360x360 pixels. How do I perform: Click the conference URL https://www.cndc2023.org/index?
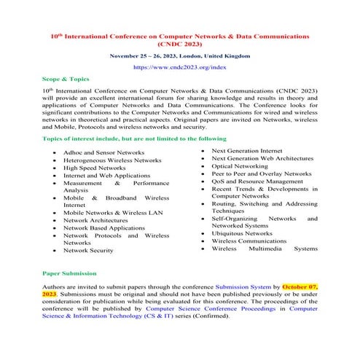point(179,66)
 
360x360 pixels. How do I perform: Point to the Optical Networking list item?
point(244,166)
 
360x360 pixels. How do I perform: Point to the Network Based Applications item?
point(104,227)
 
